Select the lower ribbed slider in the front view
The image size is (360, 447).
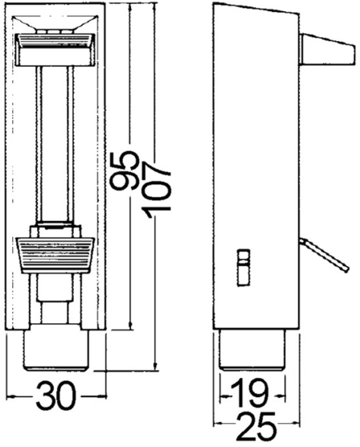click(x=55, y=253)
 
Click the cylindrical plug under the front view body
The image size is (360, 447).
click(x=55, y=350)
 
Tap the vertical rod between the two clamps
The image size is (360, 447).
click(x=55, y=145)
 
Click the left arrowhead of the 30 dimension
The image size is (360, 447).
click(x=8, y=397)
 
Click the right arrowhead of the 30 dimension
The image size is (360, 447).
click(x=103, y=397)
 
